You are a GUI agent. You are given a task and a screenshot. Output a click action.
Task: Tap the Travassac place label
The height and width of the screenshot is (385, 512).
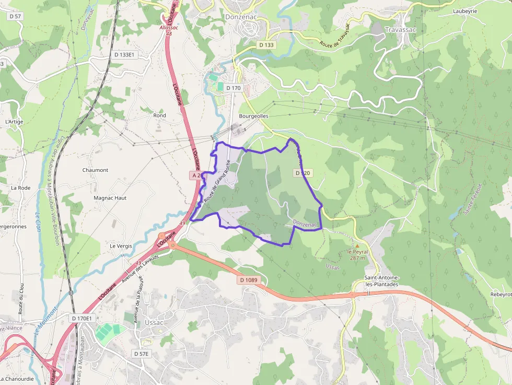(400, 30)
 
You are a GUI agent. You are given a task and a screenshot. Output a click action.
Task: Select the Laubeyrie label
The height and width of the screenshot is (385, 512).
(465, 11)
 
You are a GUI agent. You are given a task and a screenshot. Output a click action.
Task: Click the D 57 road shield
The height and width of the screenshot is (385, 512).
(16, 17)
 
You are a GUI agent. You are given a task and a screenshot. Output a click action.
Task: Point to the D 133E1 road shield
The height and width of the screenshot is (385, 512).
(124, 55)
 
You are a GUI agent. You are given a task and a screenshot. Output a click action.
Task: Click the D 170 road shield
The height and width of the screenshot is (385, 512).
(234, 88)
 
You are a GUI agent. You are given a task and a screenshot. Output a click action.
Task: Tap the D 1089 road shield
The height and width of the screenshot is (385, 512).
(249, 280)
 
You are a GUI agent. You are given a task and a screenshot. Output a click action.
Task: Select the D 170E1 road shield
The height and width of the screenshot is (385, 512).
(82, 318)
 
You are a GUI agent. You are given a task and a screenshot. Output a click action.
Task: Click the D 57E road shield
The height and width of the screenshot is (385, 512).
(141, 354)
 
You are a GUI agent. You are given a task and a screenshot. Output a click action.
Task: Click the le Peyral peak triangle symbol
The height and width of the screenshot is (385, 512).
(357, 246)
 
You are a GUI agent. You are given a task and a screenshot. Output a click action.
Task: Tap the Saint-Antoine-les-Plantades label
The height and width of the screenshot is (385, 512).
(381, 281)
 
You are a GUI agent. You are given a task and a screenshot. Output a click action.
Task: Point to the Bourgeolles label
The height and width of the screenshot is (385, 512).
(253, 116)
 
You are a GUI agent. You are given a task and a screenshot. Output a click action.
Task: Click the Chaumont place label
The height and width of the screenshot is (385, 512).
(95, 170)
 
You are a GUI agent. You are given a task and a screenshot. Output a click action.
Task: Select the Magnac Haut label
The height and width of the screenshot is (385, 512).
(110, 199)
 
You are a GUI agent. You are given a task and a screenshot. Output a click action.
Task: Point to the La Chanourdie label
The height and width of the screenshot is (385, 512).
(18, 378)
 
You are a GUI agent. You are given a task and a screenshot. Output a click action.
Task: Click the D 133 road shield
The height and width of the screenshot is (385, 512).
(266, 45)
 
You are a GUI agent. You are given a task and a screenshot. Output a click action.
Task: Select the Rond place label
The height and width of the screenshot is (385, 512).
(160, 115)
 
